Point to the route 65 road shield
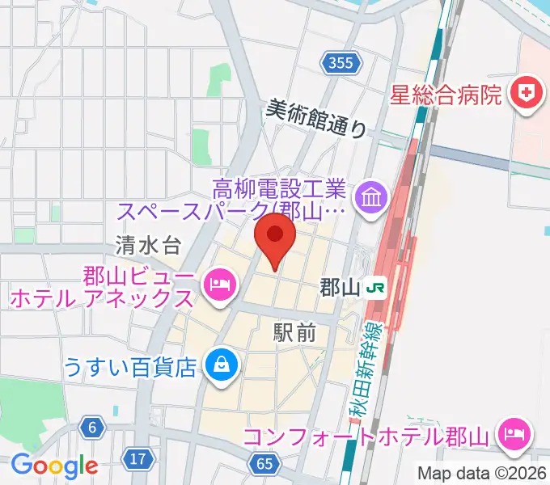(265, 463)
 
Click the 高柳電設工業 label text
(280, 191)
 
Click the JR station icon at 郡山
(374, 286)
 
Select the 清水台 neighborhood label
(146, 243)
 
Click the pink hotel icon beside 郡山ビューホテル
(219, 284)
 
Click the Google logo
(54, 466)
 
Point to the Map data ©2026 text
(482, 473)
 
